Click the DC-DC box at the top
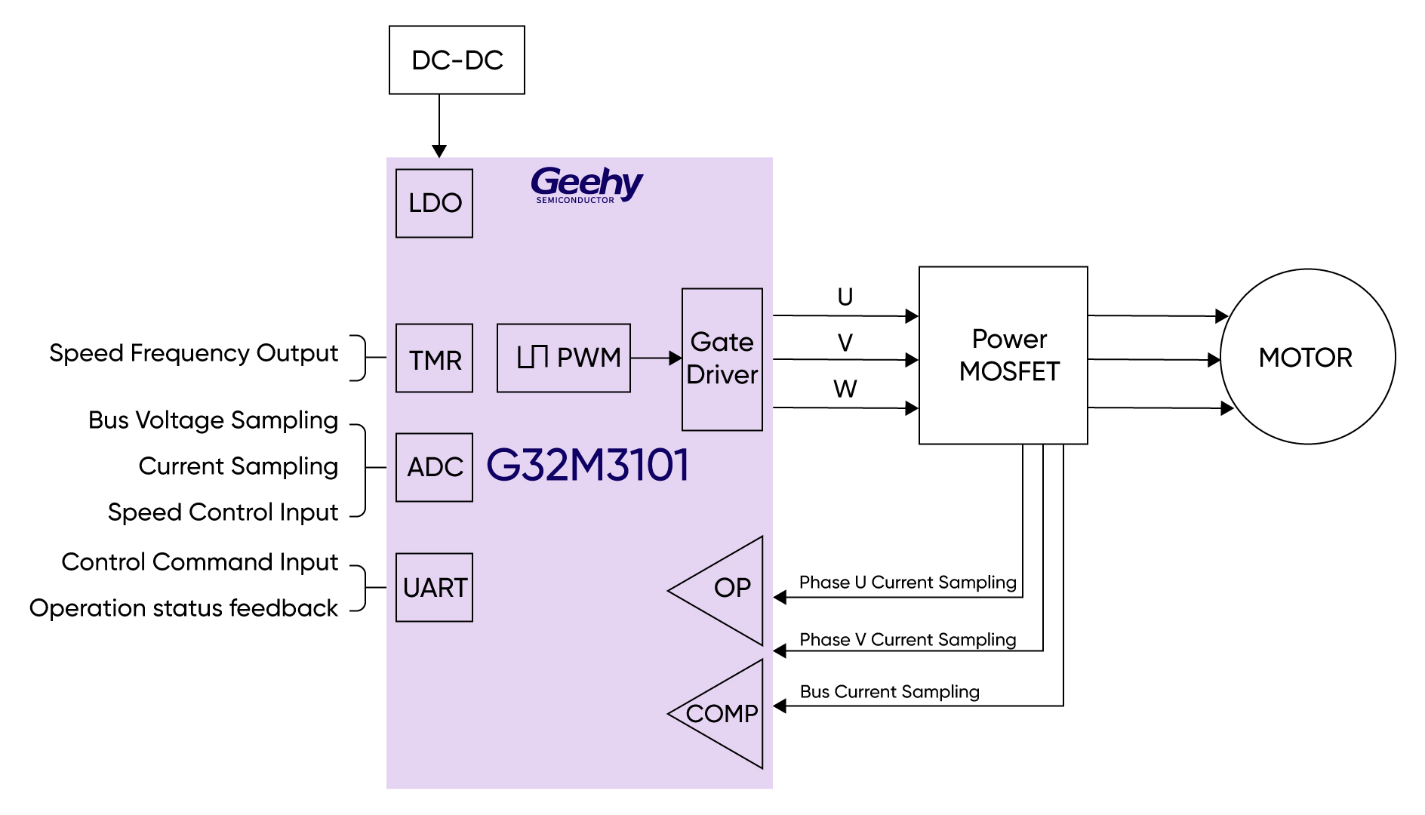tap(457, 60)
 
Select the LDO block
tap(434, 203)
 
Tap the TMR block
tap(434, 358)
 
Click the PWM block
tap(563, 358)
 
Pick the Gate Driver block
tap(722, 359)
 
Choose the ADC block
tap(434, 467)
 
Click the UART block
tap(434, 587)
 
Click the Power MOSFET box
tap(1003, 355)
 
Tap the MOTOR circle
tap(1307, 356)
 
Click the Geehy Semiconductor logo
tap(586, 185)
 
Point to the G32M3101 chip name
tap(587, 465)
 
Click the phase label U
tap(845, 297)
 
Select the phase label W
tap(845, 389)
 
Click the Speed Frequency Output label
tap(193, 353)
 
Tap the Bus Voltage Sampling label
tap(213, 420)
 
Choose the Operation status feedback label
tap(183, 608)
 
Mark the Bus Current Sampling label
tap(889, 692)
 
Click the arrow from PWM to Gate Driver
tap(656, 358)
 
